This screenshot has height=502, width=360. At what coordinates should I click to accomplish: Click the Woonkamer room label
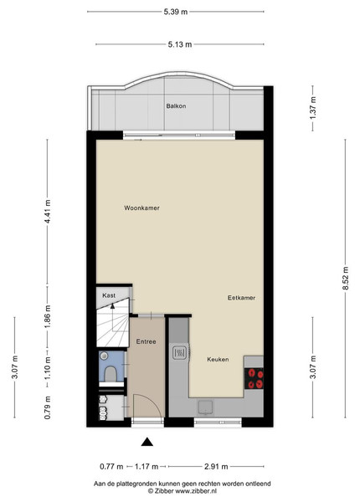[141, 208]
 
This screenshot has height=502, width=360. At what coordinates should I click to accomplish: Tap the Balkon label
[176, 106]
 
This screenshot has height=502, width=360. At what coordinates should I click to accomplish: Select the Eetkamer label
[241, 298]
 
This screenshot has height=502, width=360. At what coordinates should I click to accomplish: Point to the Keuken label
[218, 359]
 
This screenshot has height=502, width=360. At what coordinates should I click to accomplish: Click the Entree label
[146, 341]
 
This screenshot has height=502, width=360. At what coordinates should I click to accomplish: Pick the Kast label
[109, 295]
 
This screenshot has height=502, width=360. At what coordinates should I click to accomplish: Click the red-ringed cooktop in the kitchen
[254, 378]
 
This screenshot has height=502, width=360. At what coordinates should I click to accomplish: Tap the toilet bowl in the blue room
[111, 374]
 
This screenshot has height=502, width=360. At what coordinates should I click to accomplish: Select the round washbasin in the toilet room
[104, 356]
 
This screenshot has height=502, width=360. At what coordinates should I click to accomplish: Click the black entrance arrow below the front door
[147, 442]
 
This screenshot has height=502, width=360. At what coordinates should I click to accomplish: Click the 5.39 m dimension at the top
[176, 12]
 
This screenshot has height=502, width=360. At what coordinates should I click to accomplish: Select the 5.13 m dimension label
[180, 44]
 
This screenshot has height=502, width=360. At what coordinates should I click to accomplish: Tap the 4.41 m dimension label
[48, 212]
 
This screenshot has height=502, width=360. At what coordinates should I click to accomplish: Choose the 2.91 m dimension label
[216, 467]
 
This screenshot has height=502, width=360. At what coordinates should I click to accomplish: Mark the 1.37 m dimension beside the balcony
[313, 108]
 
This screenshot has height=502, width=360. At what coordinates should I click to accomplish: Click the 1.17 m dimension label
[147, 467]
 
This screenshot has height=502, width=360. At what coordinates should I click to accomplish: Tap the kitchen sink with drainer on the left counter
[179, 352]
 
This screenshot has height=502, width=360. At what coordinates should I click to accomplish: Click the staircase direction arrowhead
[112, 305]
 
